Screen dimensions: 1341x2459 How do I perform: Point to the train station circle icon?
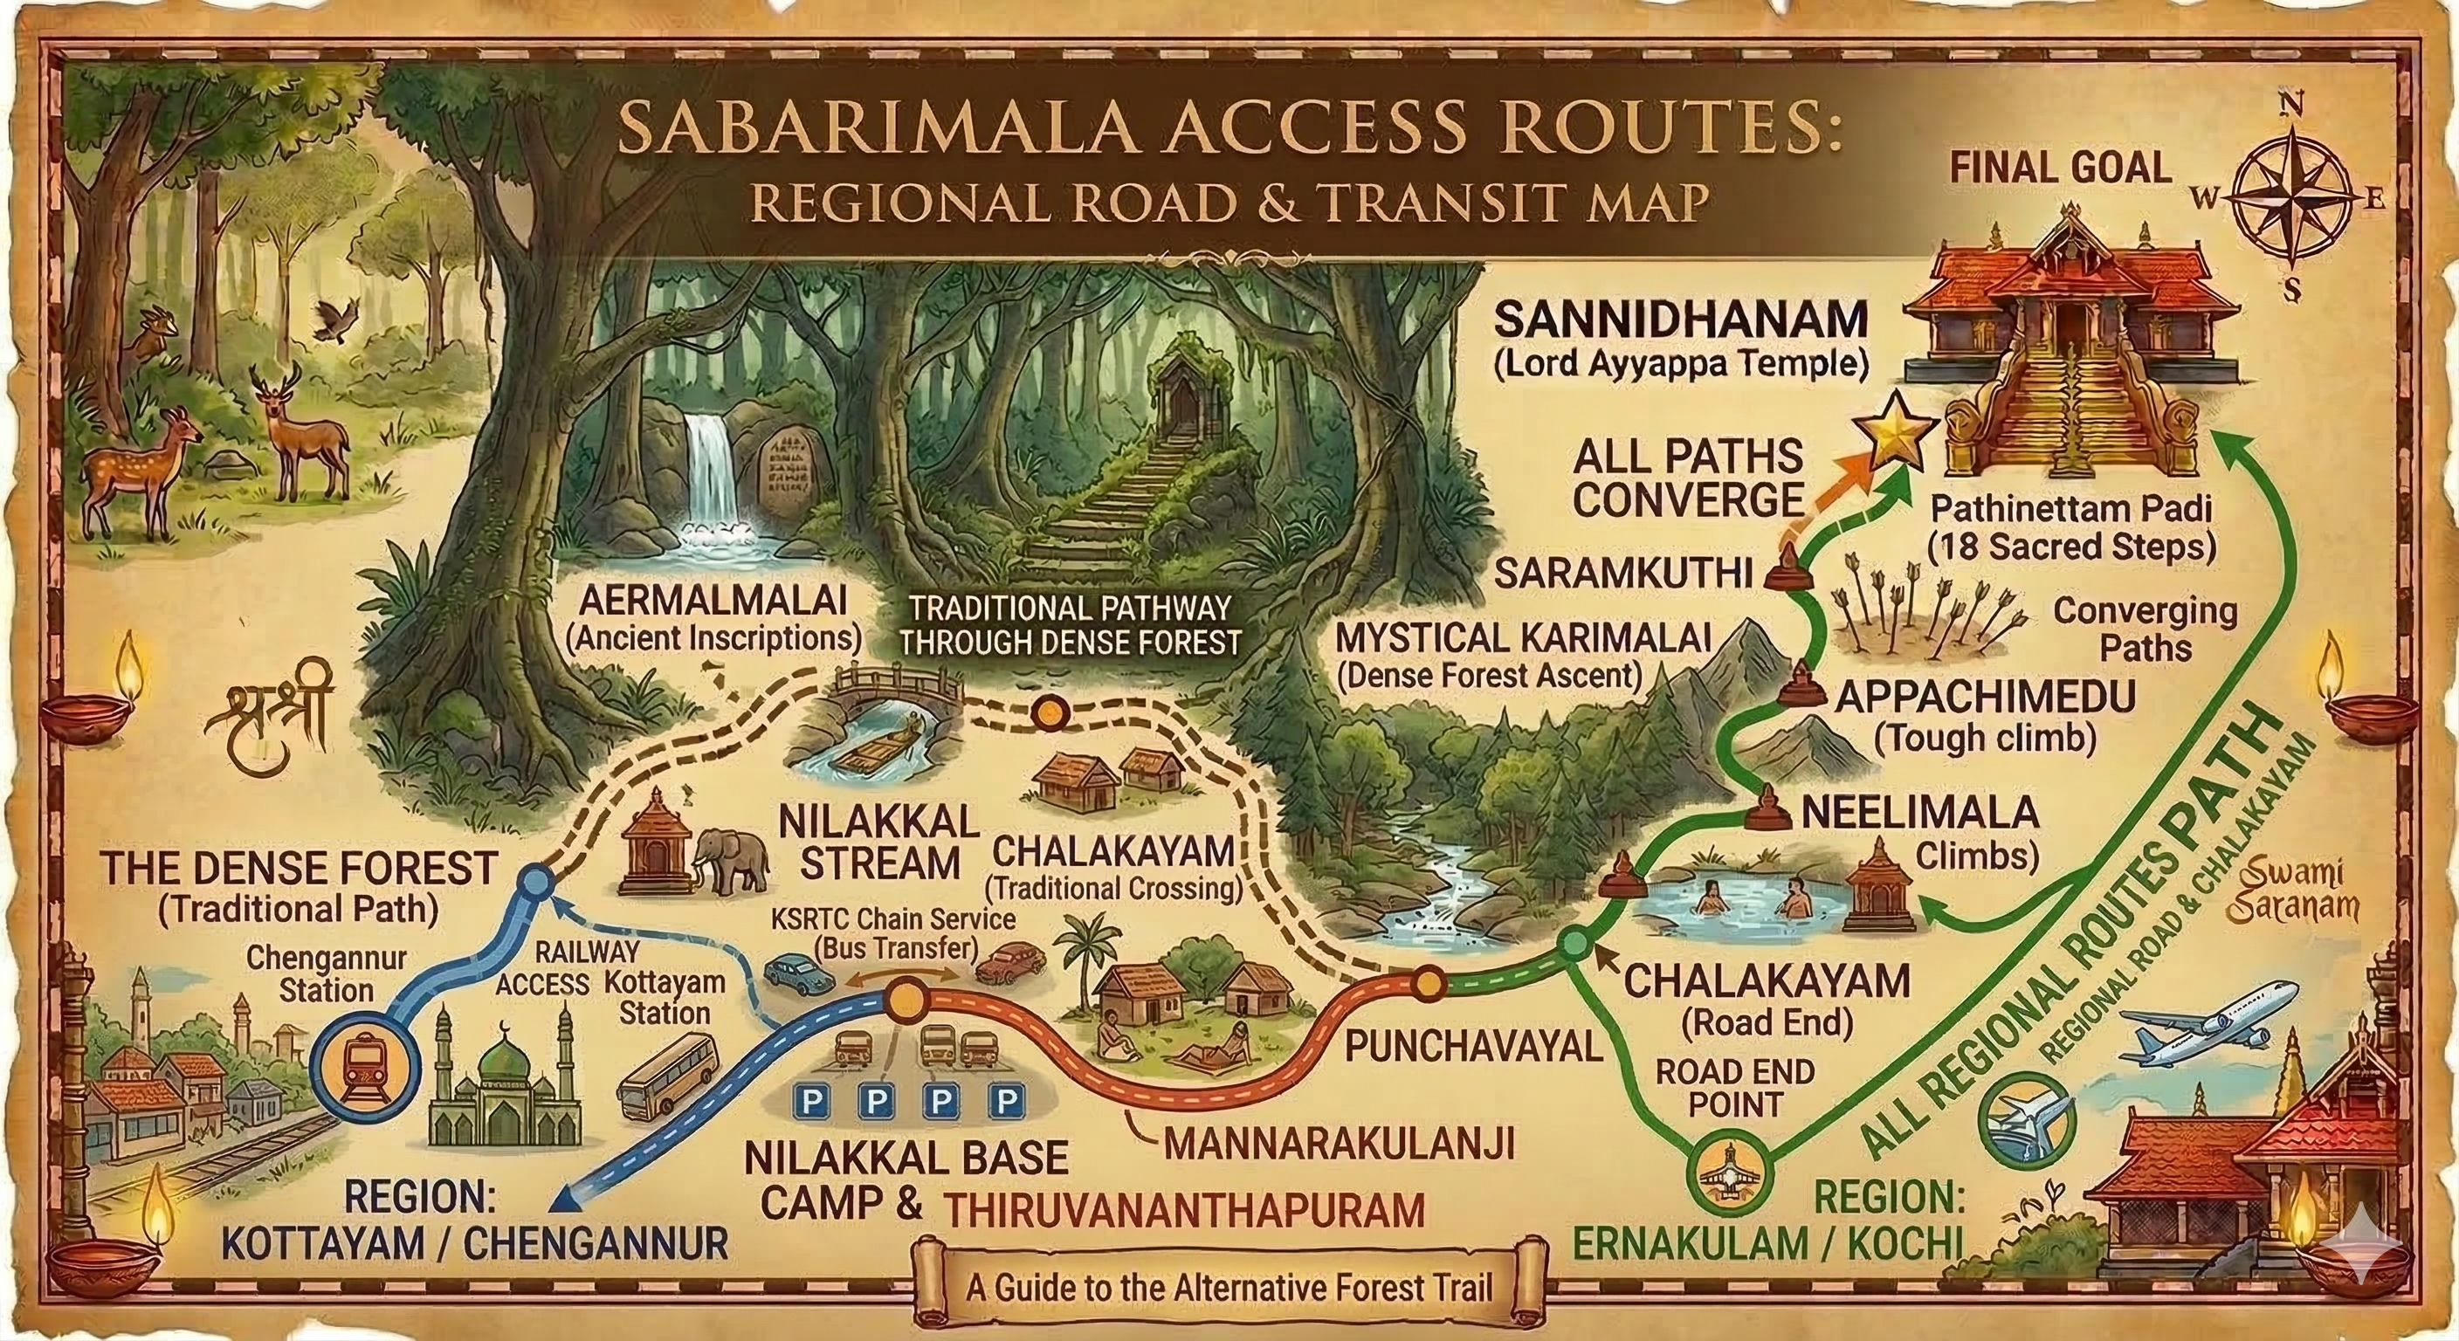click(x=368, y=1066)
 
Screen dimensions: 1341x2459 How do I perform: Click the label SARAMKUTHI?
click(x=1622, y=574)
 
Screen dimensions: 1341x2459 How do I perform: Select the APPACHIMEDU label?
click(x=1986, y=697)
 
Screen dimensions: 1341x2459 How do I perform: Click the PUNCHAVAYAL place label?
click(x=1473, y=1047)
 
